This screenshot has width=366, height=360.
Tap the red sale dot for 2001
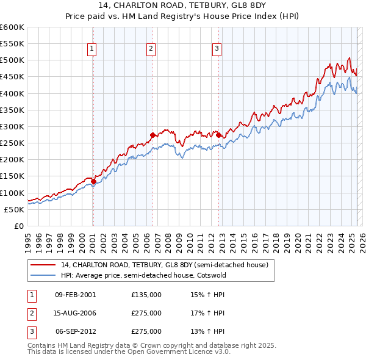(x=93, y=181)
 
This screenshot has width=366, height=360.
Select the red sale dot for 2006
(x=152, y=135)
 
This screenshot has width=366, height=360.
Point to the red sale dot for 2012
(x=218, y=135)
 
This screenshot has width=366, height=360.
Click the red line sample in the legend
(x=43, y=265)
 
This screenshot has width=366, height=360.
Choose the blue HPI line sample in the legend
(x=43, y=275)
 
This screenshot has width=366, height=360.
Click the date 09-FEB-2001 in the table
(x=76, y=295)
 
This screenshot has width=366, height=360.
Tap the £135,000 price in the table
(x=146, y=295)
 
